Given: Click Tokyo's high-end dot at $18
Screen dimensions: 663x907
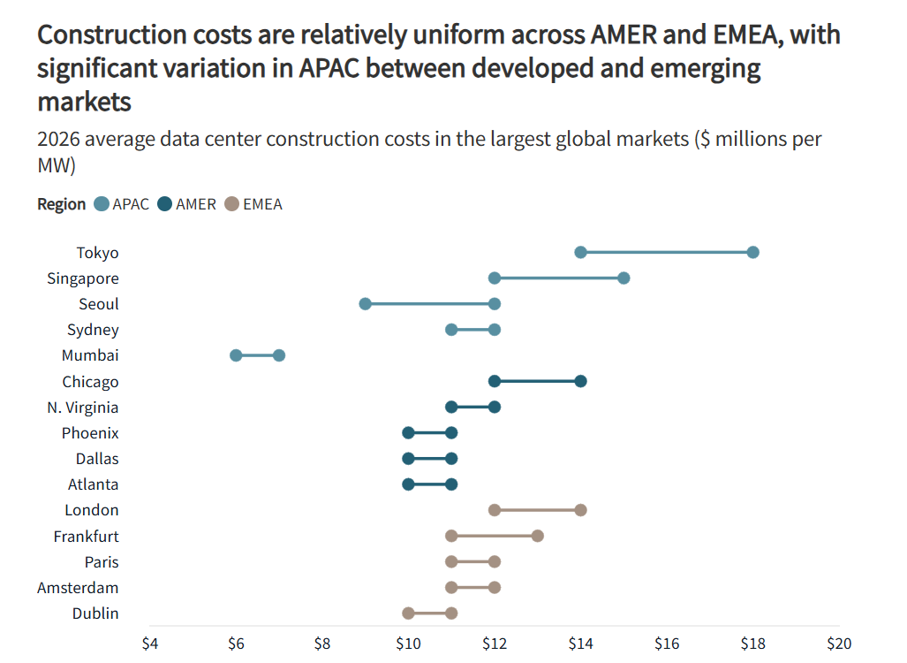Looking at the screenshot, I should pyautogui.click(x=752, y=253).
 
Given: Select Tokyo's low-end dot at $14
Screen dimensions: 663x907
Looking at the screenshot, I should pyautogui.click(x=580, y=253).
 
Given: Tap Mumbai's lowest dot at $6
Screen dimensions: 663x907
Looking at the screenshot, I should pyautogui.click(x=236, y=355).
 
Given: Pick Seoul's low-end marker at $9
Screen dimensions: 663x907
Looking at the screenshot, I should pyautogui.click(x=365, y=304).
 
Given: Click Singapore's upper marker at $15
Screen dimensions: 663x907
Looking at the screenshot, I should pyautogui.click(x=624, y=278).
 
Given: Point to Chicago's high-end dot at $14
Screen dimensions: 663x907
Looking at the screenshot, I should pyautogui.click(x=580, y=381).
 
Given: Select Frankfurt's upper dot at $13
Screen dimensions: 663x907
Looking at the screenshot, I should pyautogui.click(x=538, y=536).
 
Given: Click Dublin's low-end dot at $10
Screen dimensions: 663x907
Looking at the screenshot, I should pyautogui.click(x=408, y=613).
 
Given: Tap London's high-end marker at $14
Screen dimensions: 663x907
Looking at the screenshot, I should pyautogui.click(x=580, y=510).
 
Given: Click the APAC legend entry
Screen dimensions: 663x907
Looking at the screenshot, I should pyautogui.click(x=122, y=204).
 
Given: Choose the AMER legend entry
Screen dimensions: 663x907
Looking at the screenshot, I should pyautogui.click(x=186, y=204).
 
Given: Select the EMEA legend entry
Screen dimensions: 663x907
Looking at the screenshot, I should pyautogui.click(x=253, y=204).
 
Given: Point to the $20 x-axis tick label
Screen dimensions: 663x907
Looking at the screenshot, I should pyautogui.click(x=838, y=643).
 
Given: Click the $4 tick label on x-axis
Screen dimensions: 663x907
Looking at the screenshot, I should pyautogui.click(x=150, y=643).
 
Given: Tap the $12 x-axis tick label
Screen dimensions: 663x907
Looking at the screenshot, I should pyautogui.click(x=495, y=643).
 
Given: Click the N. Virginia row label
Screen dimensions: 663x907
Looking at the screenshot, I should pyautogui.click(x=83, y=408).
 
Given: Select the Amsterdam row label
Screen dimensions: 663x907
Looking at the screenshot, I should pyautogui.click(x=78, y=588).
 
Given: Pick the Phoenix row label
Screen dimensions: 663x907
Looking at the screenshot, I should pyautogui.click(x=90, y=433).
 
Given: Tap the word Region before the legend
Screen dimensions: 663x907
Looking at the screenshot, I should pyautogui.click(x=61, y=204).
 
